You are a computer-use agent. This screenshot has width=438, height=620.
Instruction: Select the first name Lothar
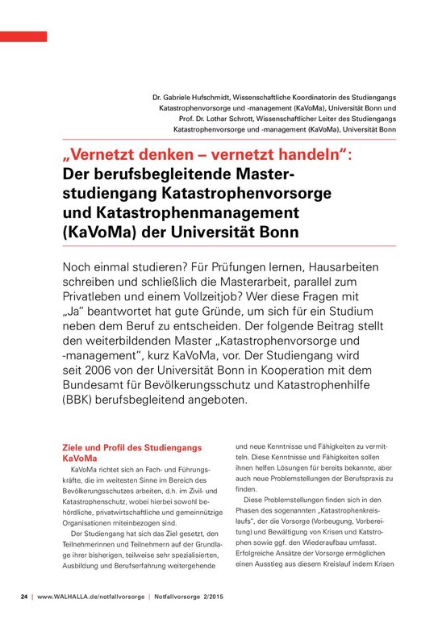coord(203,118)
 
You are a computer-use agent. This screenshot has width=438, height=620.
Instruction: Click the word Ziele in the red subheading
coord(75,448)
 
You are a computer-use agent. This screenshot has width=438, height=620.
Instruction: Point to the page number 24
coord(23,598)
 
